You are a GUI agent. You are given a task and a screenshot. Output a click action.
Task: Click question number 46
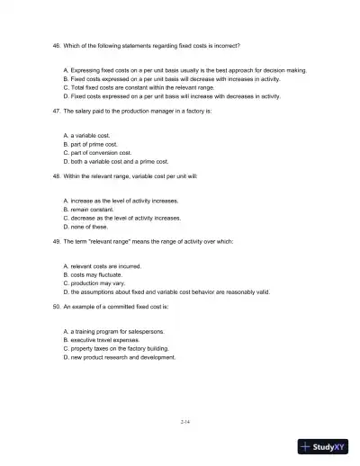tap(59, 45)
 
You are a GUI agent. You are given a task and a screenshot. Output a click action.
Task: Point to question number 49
tap(59, 242)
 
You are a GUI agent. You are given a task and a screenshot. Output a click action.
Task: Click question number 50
tap(59, 307)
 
